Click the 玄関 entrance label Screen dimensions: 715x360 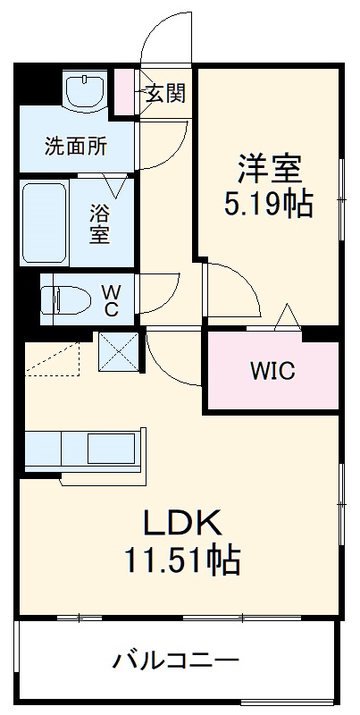pos(166,93)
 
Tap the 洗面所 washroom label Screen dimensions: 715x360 pos(76,147)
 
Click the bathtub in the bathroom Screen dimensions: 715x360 pos(44,223)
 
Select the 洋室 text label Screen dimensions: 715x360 pos(268,167)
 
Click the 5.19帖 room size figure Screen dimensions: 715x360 pos(268,205)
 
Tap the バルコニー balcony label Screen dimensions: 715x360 pos(175,662)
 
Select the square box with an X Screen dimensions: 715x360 pos(120,349)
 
